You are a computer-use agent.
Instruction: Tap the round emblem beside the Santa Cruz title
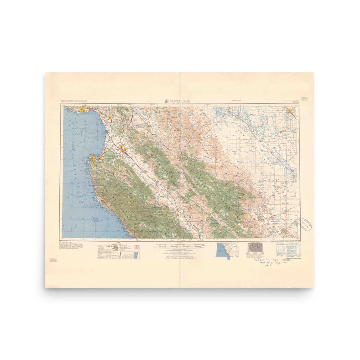(166, 101)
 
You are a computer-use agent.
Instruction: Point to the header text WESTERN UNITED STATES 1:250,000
(75, 101)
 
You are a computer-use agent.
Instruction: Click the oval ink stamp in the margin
(307, 225)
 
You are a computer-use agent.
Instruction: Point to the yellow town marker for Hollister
(147, 126)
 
